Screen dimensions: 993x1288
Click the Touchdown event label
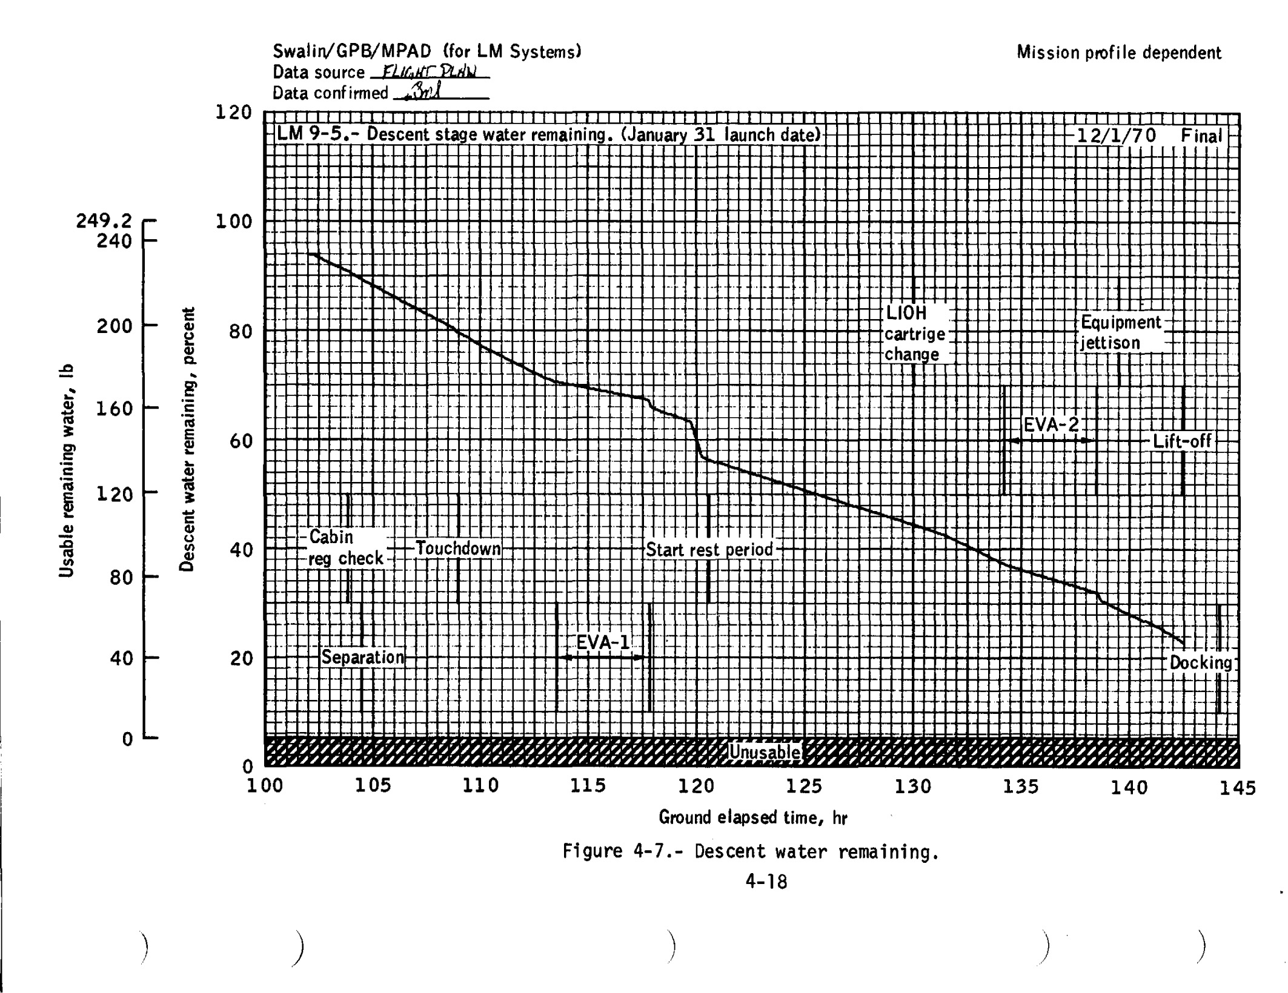tap(458, 549)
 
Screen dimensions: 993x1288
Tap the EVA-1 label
tap(602, 642)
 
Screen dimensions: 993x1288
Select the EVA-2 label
tap(1051, 424)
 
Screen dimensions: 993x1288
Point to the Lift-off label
tap(1181, 441)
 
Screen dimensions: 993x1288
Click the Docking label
tap(1201, 662)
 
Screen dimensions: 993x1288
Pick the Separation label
tap(362, 657)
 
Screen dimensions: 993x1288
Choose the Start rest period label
tap(709, 550)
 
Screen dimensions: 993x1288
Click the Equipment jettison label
tap(1120, 332)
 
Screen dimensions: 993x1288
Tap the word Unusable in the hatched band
tap(764, 752)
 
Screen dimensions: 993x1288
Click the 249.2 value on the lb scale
tap(104, 221)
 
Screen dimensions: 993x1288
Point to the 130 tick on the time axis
tap(913, 786)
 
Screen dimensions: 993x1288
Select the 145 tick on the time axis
tap(1238, 787)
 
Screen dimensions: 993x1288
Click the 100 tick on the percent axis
tap(234, 222)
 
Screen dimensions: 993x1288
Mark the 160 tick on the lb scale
tap(114, 409)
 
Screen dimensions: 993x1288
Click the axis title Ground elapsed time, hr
tap(752, 818)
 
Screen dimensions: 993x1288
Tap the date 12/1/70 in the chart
tap(1116, 135)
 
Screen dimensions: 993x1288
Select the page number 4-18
tap(766, 882)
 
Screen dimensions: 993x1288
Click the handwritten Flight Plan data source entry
tap(429, 72)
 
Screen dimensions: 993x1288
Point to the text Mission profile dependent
tap(1119, 53)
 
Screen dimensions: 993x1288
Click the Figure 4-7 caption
tap(751, 852)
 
